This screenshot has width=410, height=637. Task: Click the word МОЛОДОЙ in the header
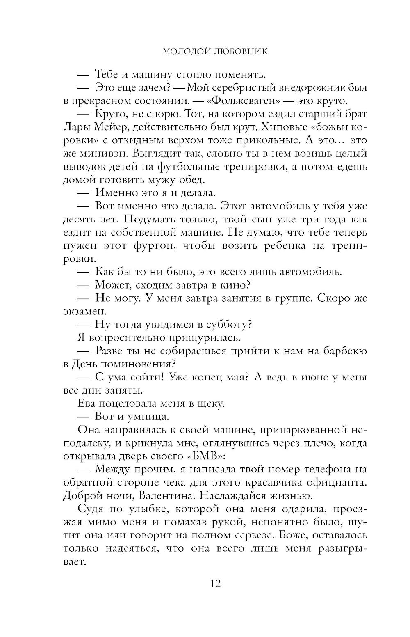point(186,51)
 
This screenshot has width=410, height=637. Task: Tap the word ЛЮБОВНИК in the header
point(239,51)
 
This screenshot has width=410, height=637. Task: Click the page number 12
point(215,583)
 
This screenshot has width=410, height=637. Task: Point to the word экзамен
point(84,311)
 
